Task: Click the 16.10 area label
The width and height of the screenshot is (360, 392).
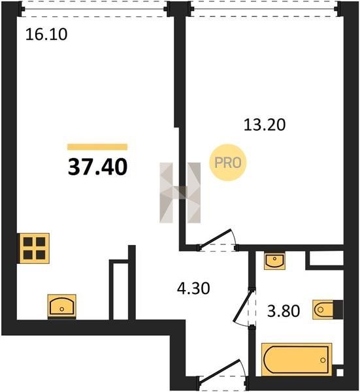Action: pyautogui.click(x=46, y=34)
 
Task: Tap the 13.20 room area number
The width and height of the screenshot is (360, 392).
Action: pyautogui.click(x=265, y=125)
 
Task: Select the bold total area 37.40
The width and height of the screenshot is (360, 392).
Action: pyautogui.click(x=97, y=167)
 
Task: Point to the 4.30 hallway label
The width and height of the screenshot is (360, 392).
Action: pyautogui.click(x=193, y=288)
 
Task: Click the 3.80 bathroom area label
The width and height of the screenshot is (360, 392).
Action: pyautogui.click(x=284, y=311)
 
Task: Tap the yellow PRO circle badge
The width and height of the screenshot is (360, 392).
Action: pyautogui.click(x=228, y=163)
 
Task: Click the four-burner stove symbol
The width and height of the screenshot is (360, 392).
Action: pyautogui.click(x=34, y=248)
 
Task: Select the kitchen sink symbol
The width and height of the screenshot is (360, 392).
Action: pyautogui.click(x=62, y=306)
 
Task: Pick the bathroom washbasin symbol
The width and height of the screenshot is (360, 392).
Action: pyautogui.click(x=274, y=261)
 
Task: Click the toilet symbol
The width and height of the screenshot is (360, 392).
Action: pyautogui.click(x=328, y=310)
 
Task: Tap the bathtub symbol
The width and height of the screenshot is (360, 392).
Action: pyautogui.click(x=297, y=359)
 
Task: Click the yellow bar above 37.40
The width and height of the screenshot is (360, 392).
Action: pyautogui.click(x=97, y=147)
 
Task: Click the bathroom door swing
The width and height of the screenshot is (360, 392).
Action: pyautogui.click(x=244, y=307)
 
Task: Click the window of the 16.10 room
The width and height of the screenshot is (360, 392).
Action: pyautogui.click(x=93, y=9)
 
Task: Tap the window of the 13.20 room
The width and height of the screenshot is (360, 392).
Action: pyautogui.click(x=265, y=9)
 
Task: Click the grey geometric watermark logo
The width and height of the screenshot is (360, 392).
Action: pyautogui.click(x=180, y=193)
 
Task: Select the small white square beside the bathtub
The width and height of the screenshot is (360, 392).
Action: pyautogui.click(x=340, y=372)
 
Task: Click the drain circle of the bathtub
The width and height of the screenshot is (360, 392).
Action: pyautogui.click(x=323, y=360)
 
